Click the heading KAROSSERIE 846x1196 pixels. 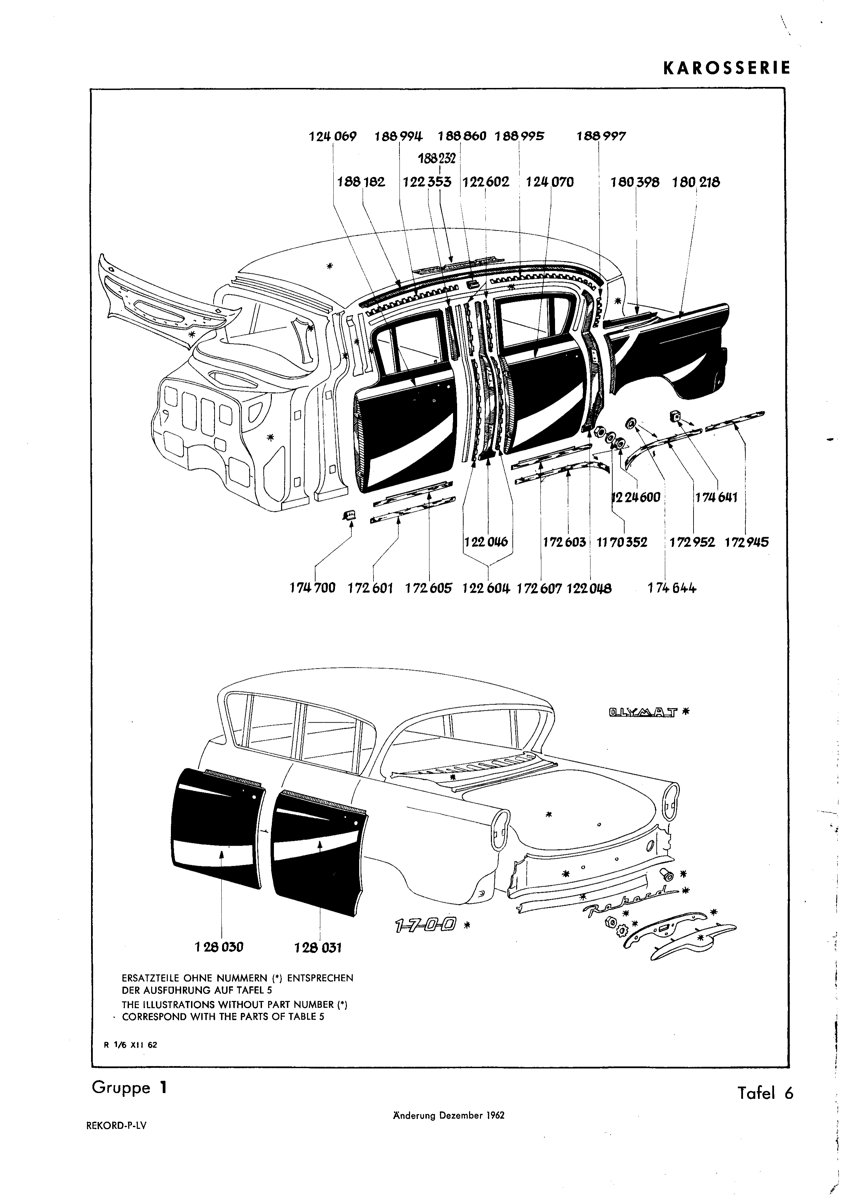[x=727, y=68]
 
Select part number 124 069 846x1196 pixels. [x=333, y=136]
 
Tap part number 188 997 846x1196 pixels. [x=601, y=136]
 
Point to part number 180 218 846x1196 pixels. [x=696, y=182]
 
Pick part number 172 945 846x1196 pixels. [x=746, y=542]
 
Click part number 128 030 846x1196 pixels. [x=219, y=947]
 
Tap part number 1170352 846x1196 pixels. [x=622, y=542]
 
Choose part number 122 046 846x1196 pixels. [x=486, y=542]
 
